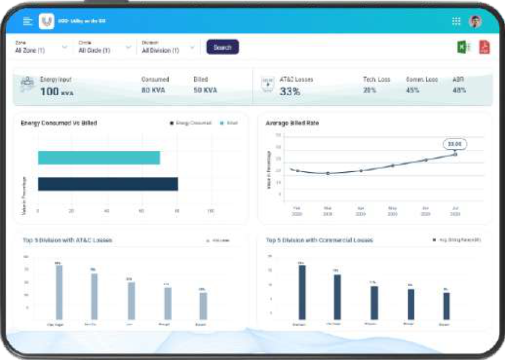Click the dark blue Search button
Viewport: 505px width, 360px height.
(222, 47)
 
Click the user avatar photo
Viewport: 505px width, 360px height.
(475, 21)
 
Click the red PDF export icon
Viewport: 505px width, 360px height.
(484, 47)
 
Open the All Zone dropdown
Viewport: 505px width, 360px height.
(41, 50)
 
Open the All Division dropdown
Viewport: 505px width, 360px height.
(168, 50)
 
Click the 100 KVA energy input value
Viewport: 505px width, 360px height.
(57, 92)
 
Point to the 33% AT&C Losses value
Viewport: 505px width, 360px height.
(290, 91)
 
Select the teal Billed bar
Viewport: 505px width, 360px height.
(99, 157)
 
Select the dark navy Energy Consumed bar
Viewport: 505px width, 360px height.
(108, 184)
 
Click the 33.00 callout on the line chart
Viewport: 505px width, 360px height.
(455, 144)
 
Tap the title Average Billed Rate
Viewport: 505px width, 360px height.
(292, 123)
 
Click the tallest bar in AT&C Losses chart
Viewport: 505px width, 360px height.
(59, 292)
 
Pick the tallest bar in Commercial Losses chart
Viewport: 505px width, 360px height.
(302, 292)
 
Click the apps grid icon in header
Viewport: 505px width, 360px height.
(456, 21)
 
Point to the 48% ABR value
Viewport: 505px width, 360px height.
(459, 90)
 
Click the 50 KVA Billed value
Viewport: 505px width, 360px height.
(205, 90)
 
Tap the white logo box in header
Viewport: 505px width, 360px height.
(46, 21)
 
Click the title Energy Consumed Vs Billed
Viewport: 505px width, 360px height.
(59, 123)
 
